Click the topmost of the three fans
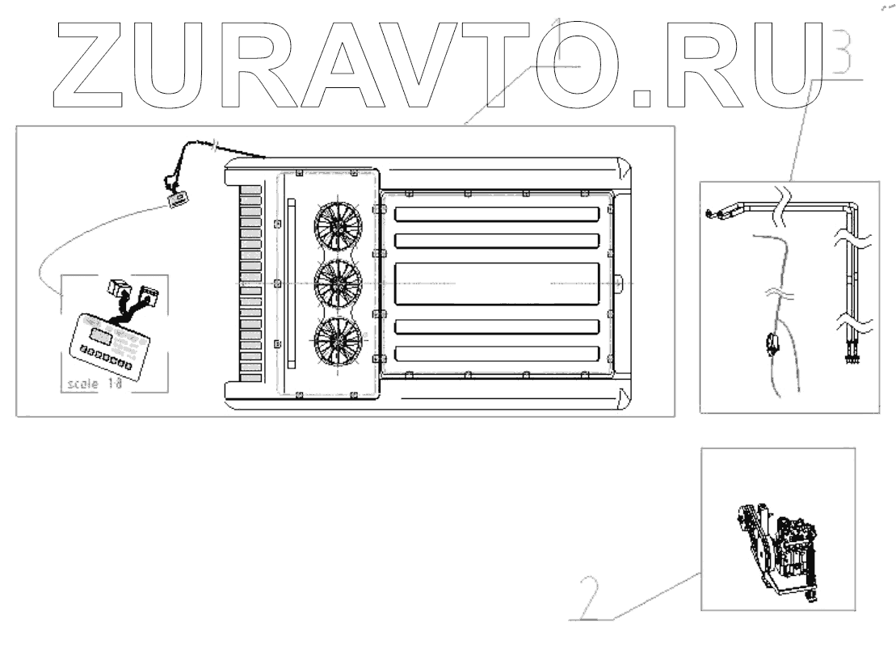tap(338, 224)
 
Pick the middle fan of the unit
tap(338, 282)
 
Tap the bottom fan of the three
tap(338, 340)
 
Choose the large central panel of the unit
tap(497, 283)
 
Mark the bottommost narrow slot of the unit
tap(497, 354)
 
